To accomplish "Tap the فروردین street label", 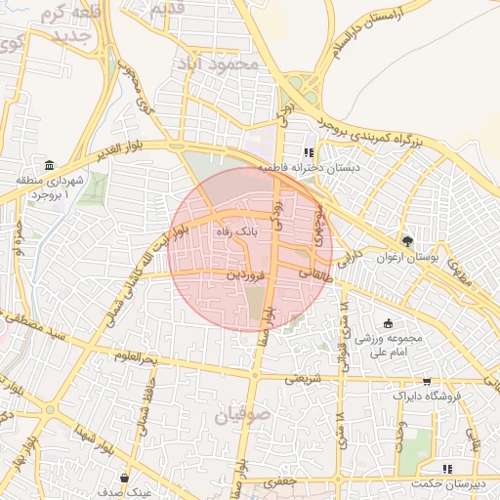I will click(x=245, y=276).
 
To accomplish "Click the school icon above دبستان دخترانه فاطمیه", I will click(x=309, y=152).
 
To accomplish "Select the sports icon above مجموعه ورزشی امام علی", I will click(x=388, y=323).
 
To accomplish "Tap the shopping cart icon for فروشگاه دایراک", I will click(x=426, y=382).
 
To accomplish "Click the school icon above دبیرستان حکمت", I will click(x=447, y=469).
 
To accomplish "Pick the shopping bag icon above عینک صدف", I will click(x=125, y=478).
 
